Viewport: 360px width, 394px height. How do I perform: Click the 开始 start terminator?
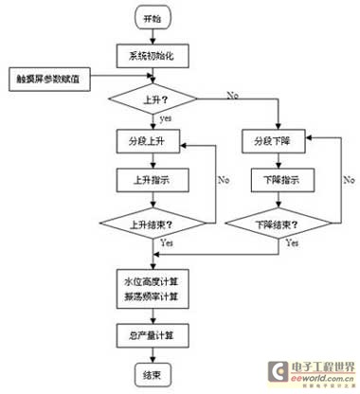click(153, 19)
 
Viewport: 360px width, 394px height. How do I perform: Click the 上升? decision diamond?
click(153, 98)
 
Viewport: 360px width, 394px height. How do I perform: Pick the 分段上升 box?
click(153, 144)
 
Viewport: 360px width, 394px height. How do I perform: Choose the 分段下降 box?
click(281, 144)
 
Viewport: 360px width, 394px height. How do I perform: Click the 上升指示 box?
click(153, 179)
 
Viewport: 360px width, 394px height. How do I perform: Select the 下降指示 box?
click(281, 179)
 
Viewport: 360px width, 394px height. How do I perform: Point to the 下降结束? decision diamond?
click(281, 224)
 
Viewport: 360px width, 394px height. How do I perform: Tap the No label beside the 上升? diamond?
click(232, 94)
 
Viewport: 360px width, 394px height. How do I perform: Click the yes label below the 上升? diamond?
click(166, 119)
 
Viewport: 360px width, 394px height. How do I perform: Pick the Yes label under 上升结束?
click(168, 244)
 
